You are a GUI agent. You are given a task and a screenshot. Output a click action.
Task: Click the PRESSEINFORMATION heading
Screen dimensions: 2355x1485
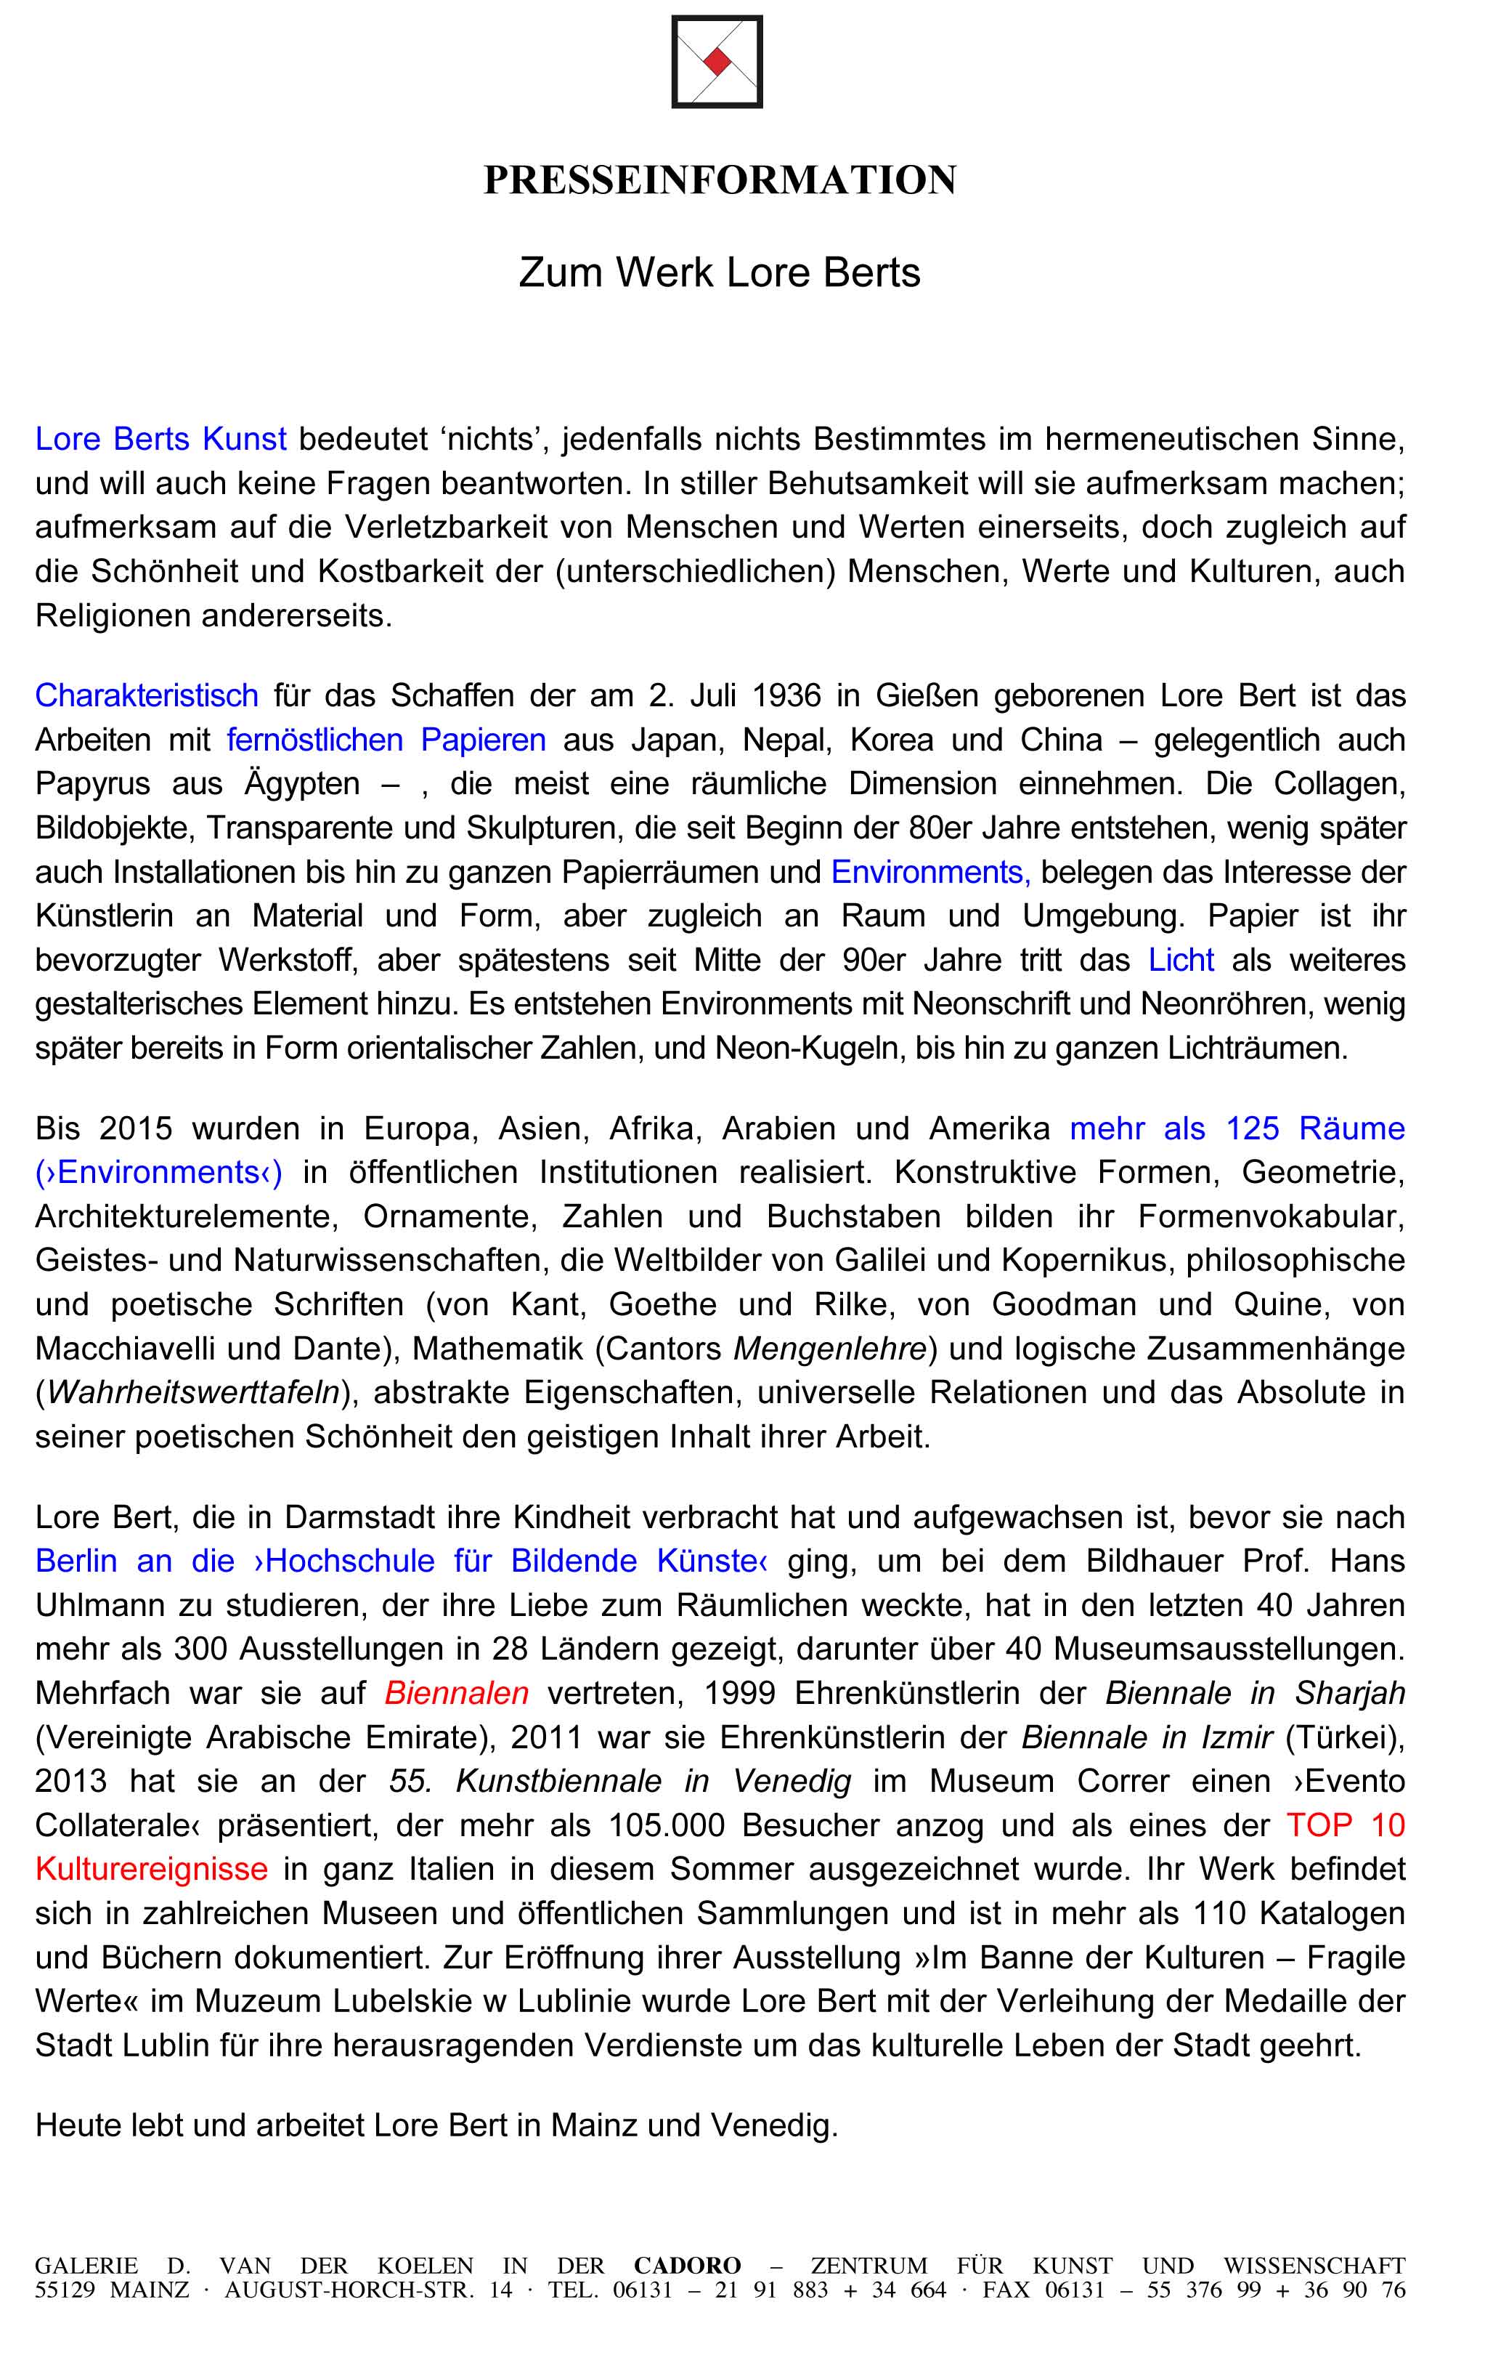click(720, 180)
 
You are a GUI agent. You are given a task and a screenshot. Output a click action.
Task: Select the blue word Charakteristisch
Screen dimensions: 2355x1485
click(147, 695)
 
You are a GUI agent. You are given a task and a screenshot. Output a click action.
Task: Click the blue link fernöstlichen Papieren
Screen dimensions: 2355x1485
click(386, 740)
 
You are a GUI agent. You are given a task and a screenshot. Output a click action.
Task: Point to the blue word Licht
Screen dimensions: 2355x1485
click(1181, 959)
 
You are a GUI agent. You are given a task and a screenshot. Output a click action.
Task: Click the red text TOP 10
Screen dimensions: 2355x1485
click(1345, 1825)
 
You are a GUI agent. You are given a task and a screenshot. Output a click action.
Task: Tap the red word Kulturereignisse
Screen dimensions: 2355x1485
click(152, 1869)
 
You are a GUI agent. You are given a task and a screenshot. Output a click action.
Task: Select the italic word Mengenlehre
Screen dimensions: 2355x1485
click(830, 1349)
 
